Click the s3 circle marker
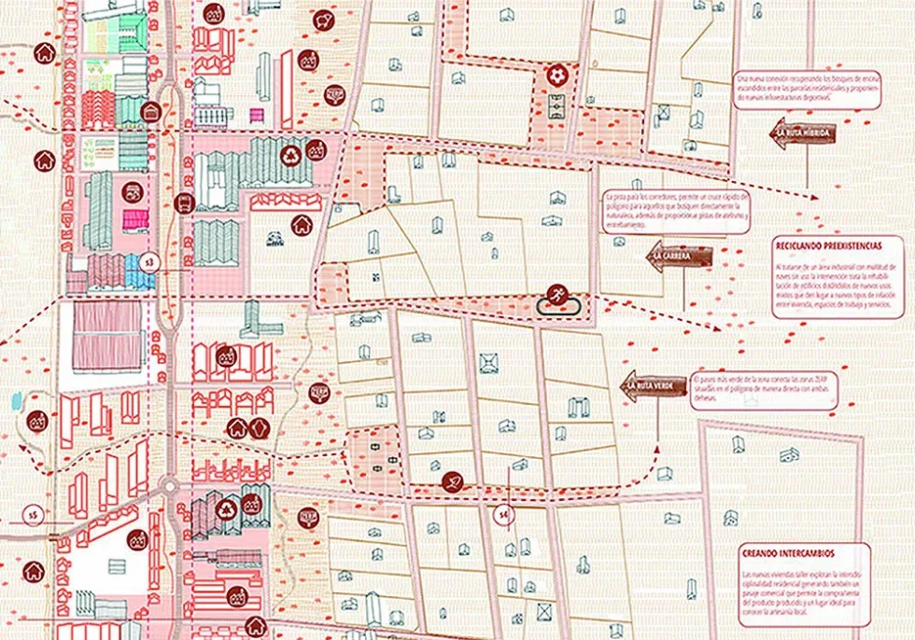click(148, 264)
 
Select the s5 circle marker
click(33, 513)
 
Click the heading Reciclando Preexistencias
click(826, 243)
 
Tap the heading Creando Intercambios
click(789, 552)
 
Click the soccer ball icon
click(557, 74)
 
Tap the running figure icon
click(556, 292)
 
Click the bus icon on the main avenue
click(183, 202)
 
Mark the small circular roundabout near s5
click(170, 486)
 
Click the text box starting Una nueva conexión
click(807, 89)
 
